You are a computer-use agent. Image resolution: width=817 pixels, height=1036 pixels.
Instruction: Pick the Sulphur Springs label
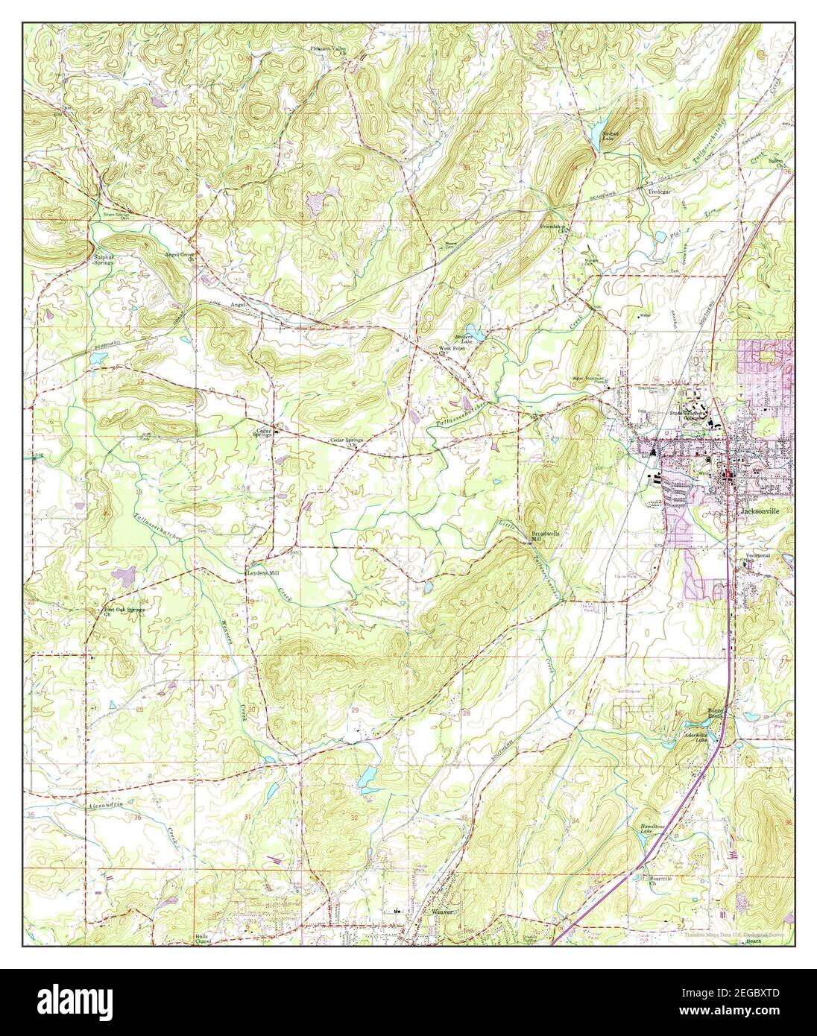coord(104,260)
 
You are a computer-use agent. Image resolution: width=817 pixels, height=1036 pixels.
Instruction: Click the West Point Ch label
coord(452,350)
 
